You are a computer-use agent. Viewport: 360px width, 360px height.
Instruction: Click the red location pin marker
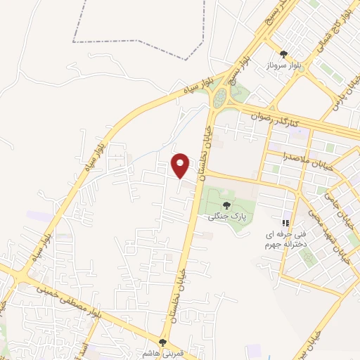181,165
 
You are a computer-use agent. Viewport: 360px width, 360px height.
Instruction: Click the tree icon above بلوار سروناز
283,53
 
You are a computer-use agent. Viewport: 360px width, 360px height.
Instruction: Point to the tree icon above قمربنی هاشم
163,342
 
